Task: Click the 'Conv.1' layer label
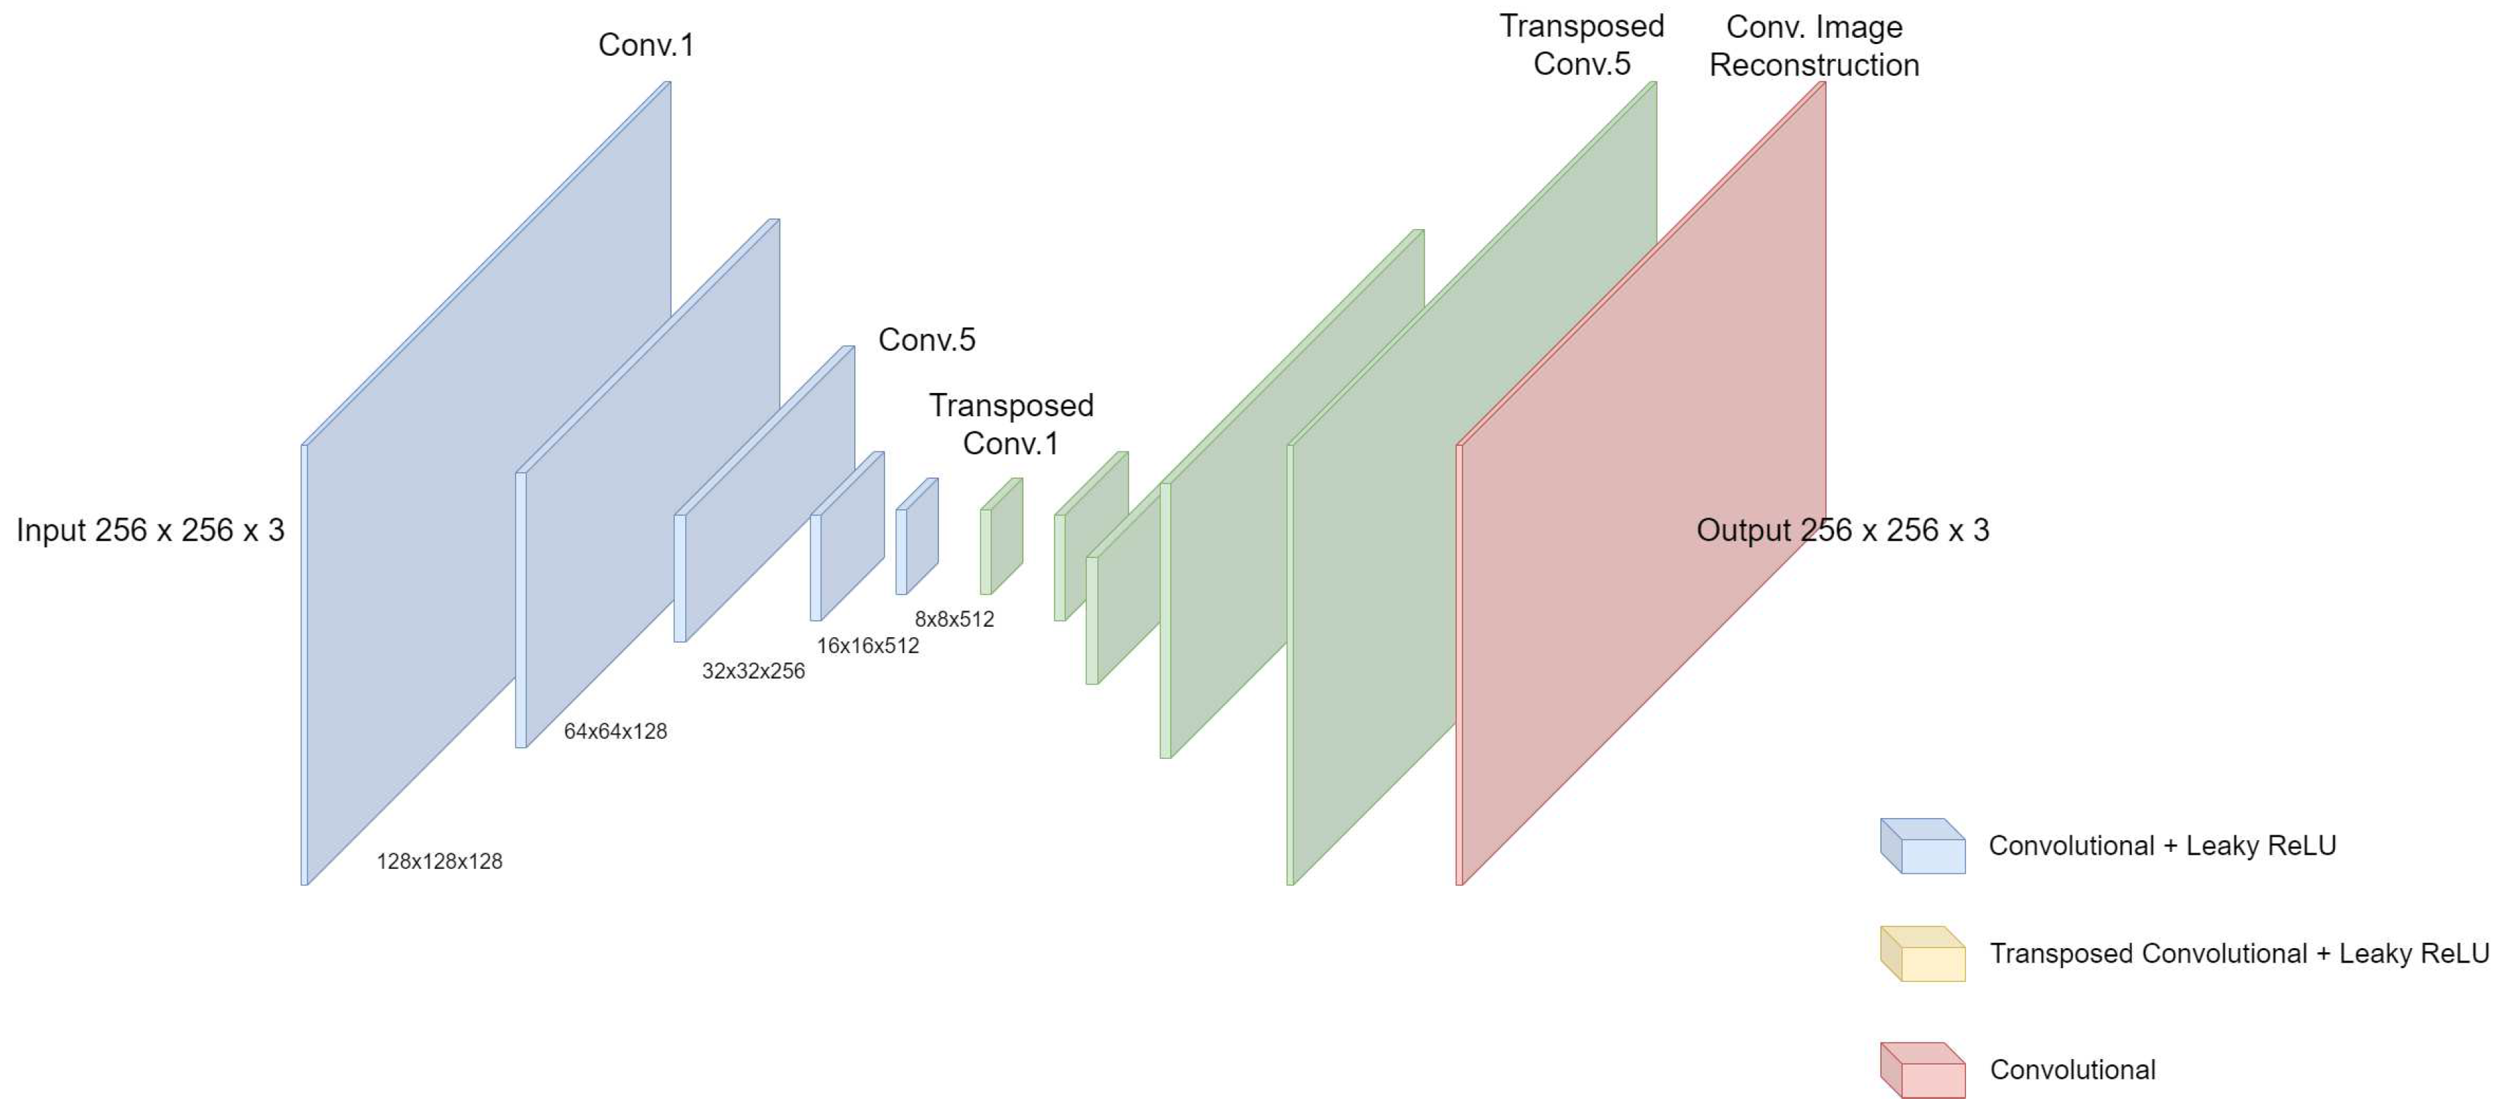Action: click(646, 45)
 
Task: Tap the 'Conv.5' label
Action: click(927, 340)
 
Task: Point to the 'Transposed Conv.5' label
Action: click(1582, 45)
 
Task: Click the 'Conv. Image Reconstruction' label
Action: click(1813, 45)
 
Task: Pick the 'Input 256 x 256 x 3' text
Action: click(151, 531)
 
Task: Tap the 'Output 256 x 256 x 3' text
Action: click(1842, 531)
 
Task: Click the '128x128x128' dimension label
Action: click(439, 861)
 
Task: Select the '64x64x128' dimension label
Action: click(615, 731)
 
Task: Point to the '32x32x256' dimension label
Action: click(753, 671)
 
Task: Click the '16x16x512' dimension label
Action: click(867, 646)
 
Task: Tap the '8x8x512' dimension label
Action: click(953, 620)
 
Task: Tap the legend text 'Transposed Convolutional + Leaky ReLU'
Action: click(2239, 954)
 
